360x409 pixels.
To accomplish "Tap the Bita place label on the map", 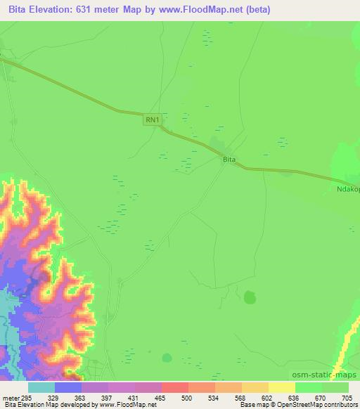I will click(229, 160).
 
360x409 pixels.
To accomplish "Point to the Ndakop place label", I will click(347, 189).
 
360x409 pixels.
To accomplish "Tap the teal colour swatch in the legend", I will click(41, 387).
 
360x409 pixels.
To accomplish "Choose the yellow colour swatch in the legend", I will click(282, 387).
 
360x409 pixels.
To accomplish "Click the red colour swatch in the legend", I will click(175, 387).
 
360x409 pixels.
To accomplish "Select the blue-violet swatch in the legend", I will click(68, 387).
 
